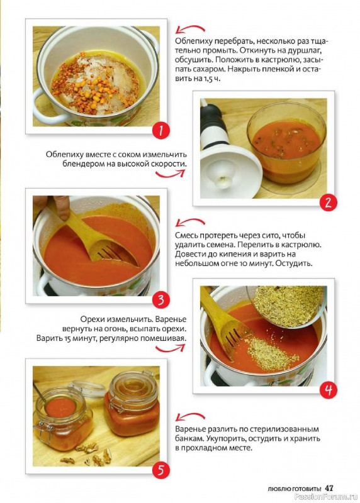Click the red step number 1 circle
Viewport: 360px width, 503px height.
(160, 131)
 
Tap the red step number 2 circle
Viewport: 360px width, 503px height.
(328, 202)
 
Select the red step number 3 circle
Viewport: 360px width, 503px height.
(160, 300)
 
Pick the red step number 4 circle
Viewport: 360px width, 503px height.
(328, 390)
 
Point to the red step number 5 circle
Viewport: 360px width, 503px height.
(160, 470)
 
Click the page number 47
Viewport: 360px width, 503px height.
(329, 489)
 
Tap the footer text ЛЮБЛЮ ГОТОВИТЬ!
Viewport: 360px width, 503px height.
(295, 489)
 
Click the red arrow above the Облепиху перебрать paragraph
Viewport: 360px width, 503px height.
(190, 29)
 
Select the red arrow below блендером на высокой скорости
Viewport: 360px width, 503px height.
(170, 174)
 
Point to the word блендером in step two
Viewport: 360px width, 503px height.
(81, 163)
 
